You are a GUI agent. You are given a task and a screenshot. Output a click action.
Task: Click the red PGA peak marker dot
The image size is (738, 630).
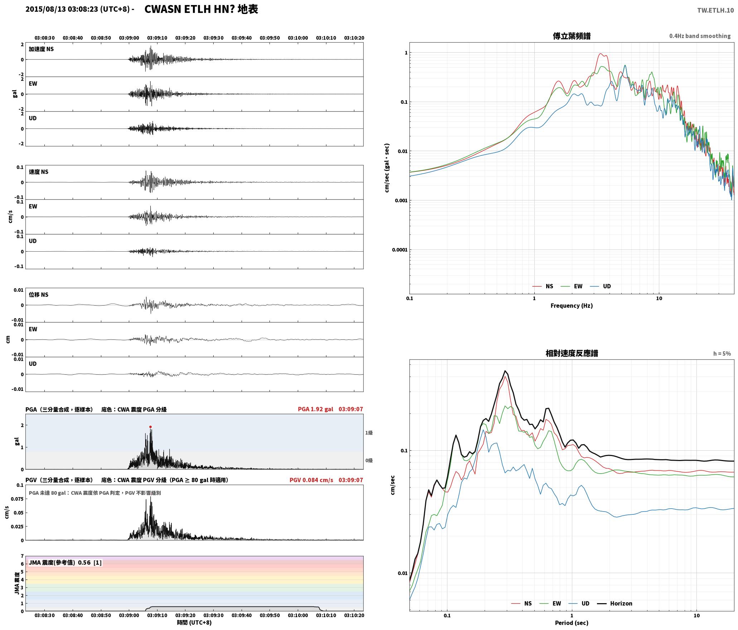(150, 427)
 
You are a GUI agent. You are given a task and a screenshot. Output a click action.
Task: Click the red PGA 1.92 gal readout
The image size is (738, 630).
(315, 409)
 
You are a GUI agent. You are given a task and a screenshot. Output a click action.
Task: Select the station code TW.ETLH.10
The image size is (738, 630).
(715, 10)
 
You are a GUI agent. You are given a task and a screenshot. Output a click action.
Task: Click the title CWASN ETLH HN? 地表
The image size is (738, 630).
(201, 9)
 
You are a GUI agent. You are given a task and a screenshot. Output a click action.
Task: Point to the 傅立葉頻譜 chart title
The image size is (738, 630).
(572, 36)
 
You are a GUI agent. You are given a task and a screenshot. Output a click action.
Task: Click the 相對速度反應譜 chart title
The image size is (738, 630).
(572, 353)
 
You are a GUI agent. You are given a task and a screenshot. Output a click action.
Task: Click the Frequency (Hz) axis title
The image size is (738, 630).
(572, 306)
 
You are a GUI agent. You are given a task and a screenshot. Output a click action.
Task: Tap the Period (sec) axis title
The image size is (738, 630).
(572, 623)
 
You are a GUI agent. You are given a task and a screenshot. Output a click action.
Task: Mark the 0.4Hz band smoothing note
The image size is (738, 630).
(700, 36)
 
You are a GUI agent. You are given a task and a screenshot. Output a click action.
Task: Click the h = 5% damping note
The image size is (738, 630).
(722, 354)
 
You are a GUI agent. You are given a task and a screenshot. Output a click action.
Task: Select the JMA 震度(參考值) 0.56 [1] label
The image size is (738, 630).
(65, 563)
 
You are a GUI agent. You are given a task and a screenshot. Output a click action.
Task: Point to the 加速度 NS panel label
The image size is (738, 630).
(41, 49)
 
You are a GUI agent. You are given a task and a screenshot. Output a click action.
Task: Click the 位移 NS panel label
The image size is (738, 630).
(39, 295)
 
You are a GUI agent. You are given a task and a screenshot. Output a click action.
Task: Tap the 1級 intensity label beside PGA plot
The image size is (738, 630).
(369, 433)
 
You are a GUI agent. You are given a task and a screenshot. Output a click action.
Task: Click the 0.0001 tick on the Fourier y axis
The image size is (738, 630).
(399, 250)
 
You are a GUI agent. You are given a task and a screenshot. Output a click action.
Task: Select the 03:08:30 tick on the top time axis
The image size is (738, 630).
(45, 38)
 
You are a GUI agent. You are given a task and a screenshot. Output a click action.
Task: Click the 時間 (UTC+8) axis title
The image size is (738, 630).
(194, 623)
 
